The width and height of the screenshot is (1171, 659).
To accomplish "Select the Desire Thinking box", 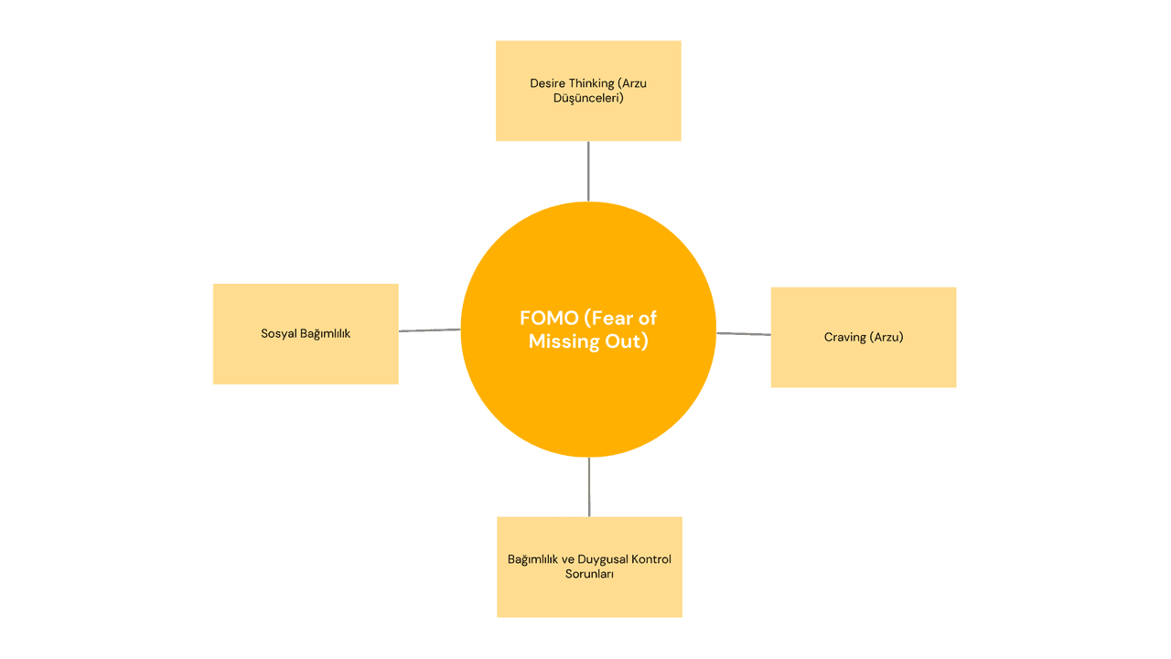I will [588, 119].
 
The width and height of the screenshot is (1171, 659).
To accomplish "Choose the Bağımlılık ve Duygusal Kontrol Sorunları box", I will [589, 595].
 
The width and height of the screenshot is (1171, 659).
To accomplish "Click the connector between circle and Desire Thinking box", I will [588, 171].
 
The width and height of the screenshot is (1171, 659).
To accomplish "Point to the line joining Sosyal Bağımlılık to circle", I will [429, 330].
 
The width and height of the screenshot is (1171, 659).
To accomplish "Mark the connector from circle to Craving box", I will [743, 334].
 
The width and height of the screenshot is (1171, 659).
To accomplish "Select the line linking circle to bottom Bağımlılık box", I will [589, 487].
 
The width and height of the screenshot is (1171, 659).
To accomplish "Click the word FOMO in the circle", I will [549, 319].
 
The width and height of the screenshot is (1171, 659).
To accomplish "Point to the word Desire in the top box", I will [547, 83].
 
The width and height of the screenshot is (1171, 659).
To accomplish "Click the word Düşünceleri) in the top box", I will [588, 98].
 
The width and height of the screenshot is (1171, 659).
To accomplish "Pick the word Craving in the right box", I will [844, 338].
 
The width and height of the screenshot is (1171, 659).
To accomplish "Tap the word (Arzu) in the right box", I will [886, 338].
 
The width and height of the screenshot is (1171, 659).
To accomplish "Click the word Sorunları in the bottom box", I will [589, 574].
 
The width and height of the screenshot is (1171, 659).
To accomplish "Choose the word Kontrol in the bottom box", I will [646, 559].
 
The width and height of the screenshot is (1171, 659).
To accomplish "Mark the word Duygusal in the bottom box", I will [593, 559].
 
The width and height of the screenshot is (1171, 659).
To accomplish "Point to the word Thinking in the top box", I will [591, 83].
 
